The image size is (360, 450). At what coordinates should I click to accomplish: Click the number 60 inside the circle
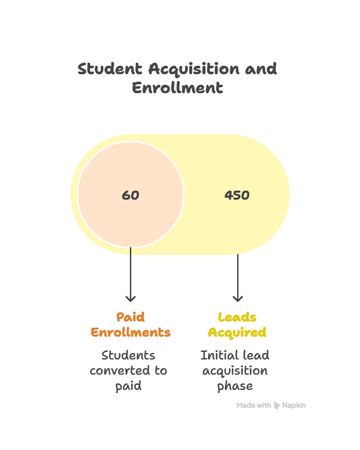point(130,195)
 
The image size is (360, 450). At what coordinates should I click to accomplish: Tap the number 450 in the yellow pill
point(237,195)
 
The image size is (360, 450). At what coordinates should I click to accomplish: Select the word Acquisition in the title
point(194,69)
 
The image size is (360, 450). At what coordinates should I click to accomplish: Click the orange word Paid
point(130,317)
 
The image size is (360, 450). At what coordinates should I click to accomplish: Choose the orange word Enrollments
point(130,333)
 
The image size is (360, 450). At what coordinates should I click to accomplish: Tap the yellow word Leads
point(237,317)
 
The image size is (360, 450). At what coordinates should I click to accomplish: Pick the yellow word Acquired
point(237,333)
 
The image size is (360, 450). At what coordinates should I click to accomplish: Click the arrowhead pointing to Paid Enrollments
point(130,297)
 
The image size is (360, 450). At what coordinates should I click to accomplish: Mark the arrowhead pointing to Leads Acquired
point(238,297)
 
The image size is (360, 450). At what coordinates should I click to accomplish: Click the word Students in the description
point(128,355)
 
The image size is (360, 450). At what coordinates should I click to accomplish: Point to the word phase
point(235,386)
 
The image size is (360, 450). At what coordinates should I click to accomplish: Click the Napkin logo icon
point(277,405)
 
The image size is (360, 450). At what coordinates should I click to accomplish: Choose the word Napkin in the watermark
point(294,405)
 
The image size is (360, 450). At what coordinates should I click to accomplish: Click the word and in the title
point(261,69)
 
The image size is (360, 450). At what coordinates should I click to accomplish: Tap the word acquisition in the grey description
point(235,371)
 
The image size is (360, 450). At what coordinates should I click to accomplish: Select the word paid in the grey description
point(128,386)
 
